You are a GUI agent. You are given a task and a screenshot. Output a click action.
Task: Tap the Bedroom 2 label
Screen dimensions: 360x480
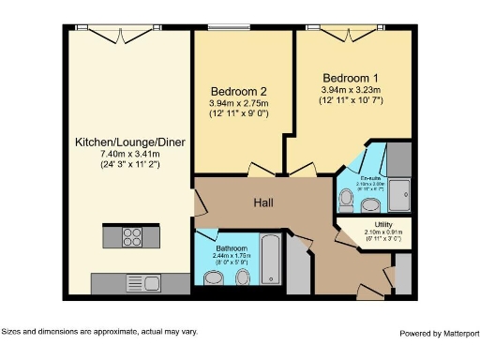pos(238,90)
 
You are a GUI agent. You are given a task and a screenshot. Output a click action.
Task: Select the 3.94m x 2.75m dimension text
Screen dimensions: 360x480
pos(238,103)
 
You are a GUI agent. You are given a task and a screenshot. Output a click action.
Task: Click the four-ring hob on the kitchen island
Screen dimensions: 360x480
pos(130,237)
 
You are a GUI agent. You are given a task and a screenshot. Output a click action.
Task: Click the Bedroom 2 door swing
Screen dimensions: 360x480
pos(260,170)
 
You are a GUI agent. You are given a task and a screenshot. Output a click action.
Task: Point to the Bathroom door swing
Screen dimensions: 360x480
pos(206,234)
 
